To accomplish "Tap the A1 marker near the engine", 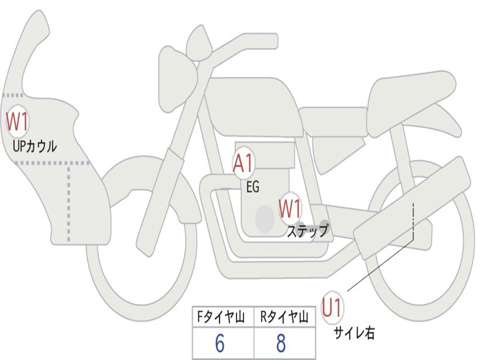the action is point(243,164).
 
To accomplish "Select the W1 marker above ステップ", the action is point(290,209).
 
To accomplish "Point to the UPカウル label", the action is point(35,146).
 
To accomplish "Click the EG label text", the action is point(253,187).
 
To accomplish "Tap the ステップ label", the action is point(307,232).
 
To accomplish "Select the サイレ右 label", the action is point(354,333).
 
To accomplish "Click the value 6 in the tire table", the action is point(220,344).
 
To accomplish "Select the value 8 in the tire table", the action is point(281,344).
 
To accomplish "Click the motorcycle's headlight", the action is point(176,80).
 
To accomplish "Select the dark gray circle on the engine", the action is point(265,218).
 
